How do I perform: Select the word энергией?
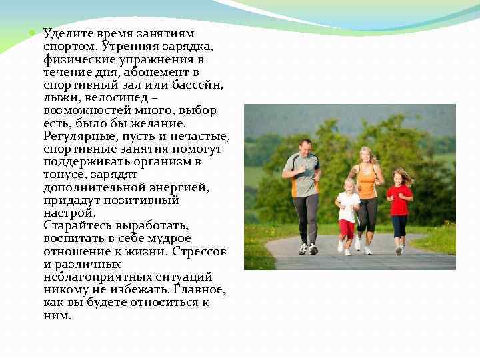pyautogui.click(x=179, y=187)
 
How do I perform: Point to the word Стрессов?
pyautogui.click(x=199, y=251)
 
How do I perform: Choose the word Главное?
pyautogui.click(x=198, y=290)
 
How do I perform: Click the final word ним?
pyautogui.click(x=57, y=316)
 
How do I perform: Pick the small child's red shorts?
pyautogui.click(x=347, y=229)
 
